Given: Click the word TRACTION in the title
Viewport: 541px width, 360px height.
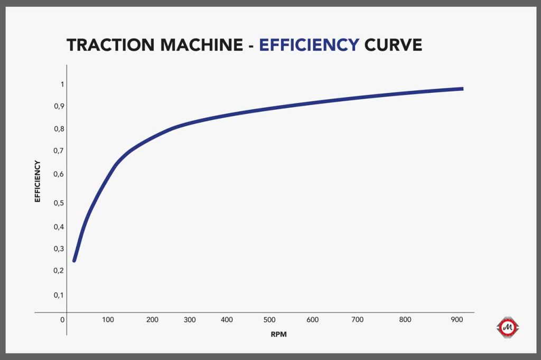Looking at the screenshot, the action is coord(111,45).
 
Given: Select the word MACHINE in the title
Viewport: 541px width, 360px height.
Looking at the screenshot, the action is coord(202,45).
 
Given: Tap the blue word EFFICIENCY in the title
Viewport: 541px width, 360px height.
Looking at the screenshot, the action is coord(309,45).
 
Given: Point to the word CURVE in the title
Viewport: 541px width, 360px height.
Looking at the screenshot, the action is coord(393,45).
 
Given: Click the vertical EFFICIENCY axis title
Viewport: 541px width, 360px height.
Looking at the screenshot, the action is coord(38,182).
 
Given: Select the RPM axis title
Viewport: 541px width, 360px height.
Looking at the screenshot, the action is coord(279,335).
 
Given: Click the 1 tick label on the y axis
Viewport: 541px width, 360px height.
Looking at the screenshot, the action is coord(62,84).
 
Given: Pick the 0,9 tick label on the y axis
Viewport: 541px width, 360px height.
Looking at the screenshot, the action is coord(59,106).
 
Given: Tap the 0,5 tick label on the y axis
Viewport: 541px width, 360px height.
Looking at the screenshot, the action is coord(59,203).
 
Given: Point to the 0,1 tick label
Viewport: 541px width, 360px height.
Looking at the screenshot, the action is coord(59,295).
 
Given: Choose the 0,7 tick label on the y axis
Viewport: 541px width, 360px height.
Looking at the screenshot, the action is coord(59,150).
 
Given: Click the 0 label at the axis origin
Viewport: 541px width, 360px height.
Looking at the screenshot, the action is coord(62,320).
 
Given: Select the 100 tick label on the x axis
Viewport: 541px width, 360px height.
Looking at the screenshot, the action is coord(108,320).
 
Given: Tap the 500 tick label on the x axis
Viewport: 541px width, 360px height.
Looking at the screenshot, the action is coord(269,320).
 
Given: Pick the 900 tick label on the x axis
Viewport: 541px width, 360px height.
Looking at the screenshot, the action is coord(457,320).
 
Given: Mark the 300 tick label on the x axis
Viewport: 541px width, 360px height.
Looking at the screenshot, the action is coord(190,320).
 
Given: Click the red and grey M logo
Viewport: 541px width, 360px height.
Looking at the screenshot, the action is coord(508,327).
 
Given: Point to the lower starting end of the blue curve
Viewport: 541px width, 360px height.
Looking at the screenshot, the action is coord(74,261).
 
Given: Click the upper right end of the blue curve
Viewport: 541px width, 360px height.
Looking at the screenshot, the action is coord(463,89).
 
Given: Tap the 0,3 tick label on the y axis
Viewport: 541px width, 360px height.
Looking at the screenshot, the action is coord(59,249).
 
